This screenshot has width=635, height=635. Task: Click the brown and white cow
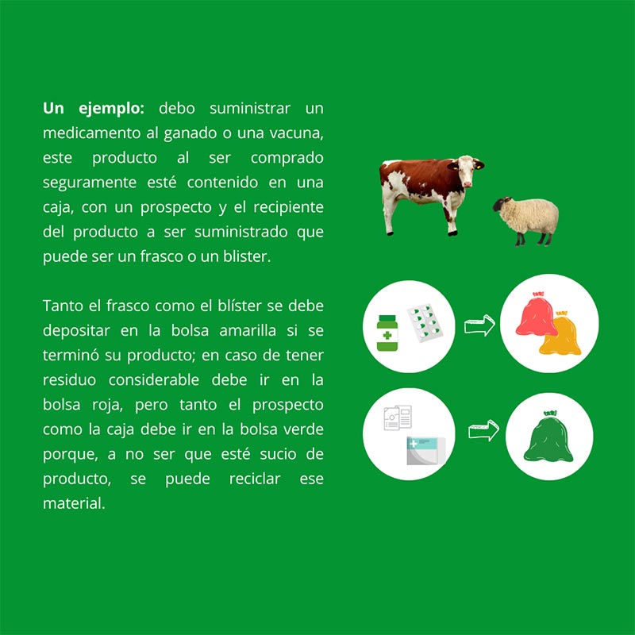429,190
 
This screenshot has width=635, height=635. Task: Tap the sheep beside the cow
526,220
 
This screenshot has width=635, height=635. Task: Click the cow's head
467,170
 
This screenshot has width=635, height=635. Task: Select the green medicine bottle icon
387,333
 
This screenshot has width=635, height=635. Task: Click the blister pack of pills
425,323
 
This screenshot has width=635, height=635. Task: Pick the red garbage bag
537,314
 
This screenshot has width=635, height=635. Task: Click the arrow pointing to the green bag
483,430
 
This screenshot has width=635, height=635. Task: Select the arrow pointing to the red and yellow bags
479,325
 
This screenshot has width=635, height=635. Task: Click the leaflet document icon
398,418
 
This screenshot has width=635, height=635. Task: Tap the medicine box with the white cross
426,451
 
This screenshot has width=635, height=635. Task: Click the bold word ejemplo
111,109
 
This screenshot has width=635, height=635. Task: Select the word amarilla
248,330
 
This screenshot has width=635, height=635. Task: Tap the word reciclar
255,479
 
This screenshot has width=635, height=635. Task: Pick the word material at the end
74,503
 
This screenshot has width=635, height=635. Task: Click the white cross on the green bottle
387,335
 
